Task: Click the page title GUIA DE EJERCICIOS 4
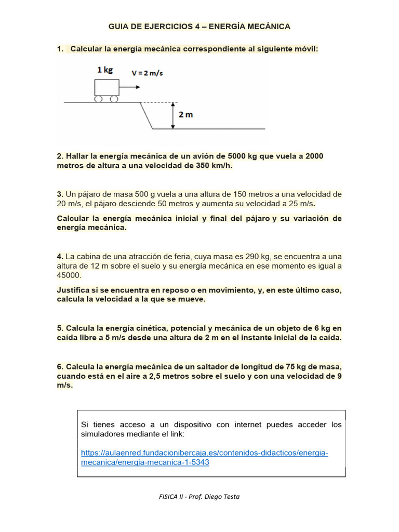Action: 199,26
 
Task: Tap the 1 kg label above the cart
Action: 104,70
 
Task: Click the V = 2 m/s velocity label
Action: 147,73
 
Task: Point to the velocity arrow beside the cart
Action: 130,87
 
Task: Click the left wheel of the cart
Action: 99,99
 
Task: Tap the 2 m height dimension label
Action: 185,115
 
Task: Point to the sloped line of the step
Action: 147,115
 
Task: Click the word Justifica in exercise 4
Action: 73,290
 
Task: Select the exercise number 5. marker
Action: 60,328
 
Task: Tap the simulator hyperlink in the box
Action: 205,458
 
